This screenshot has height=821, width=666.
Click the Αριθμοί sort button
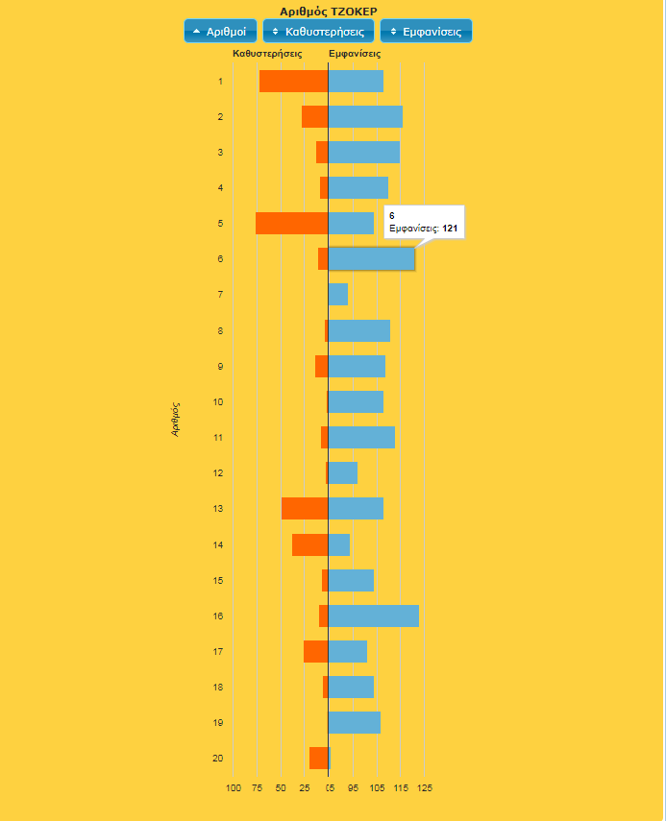[220, 32]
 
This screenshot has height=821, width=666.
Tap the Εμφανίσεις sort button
[426, 32]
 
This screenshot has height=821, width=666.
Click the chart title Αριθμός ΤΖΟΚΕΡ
[329, 11]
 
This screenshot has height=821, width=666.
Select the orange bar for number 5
[291, 223]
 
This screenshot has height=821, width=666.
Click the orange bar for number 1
[293, 82]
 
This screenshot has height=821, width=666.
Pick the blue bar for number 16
[374, 616]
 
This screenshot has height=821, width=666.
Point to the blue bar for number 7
[338, 295]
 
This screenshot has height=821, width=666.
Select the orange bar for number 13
[305, 508]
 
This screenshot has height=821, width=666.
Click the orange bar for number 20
[318, 758]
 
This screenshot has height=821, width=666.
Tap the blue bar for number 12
[343, 472]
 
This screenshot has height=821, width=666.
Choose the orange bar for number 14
[309, 544]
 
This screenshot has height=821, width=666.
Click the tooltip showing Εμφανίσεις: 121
[424, 223]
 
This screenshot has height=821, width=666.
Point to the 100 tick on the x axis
[234, 788]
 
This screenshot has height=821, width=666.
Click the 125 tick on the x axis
[424, 788]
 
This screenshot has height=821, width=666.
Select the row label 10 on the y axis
[218, 401]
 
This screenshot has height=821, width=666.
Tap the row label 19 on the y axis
[218, 722]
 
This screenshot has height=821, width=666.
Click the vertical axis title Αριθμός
[176, 420]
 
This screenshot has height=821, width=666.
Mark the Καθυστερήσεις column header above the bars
[267, 54]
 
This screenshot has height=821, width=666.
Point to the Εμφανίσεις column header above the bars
[355, 54]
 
